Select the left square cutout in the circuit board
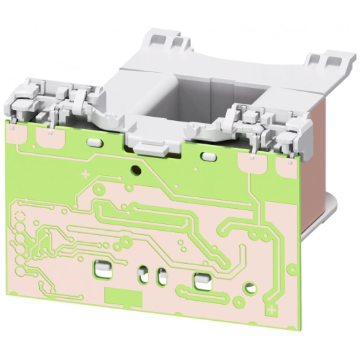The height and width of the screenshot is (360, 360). pyautogui.click(x=102, y=267)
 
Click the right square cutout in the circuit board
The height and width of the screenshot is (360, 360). pyautogui.click(x=203, y=280)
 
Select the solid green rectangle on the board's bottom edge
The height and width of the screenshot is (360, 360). pyautogui.click(x=124, y=297)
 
